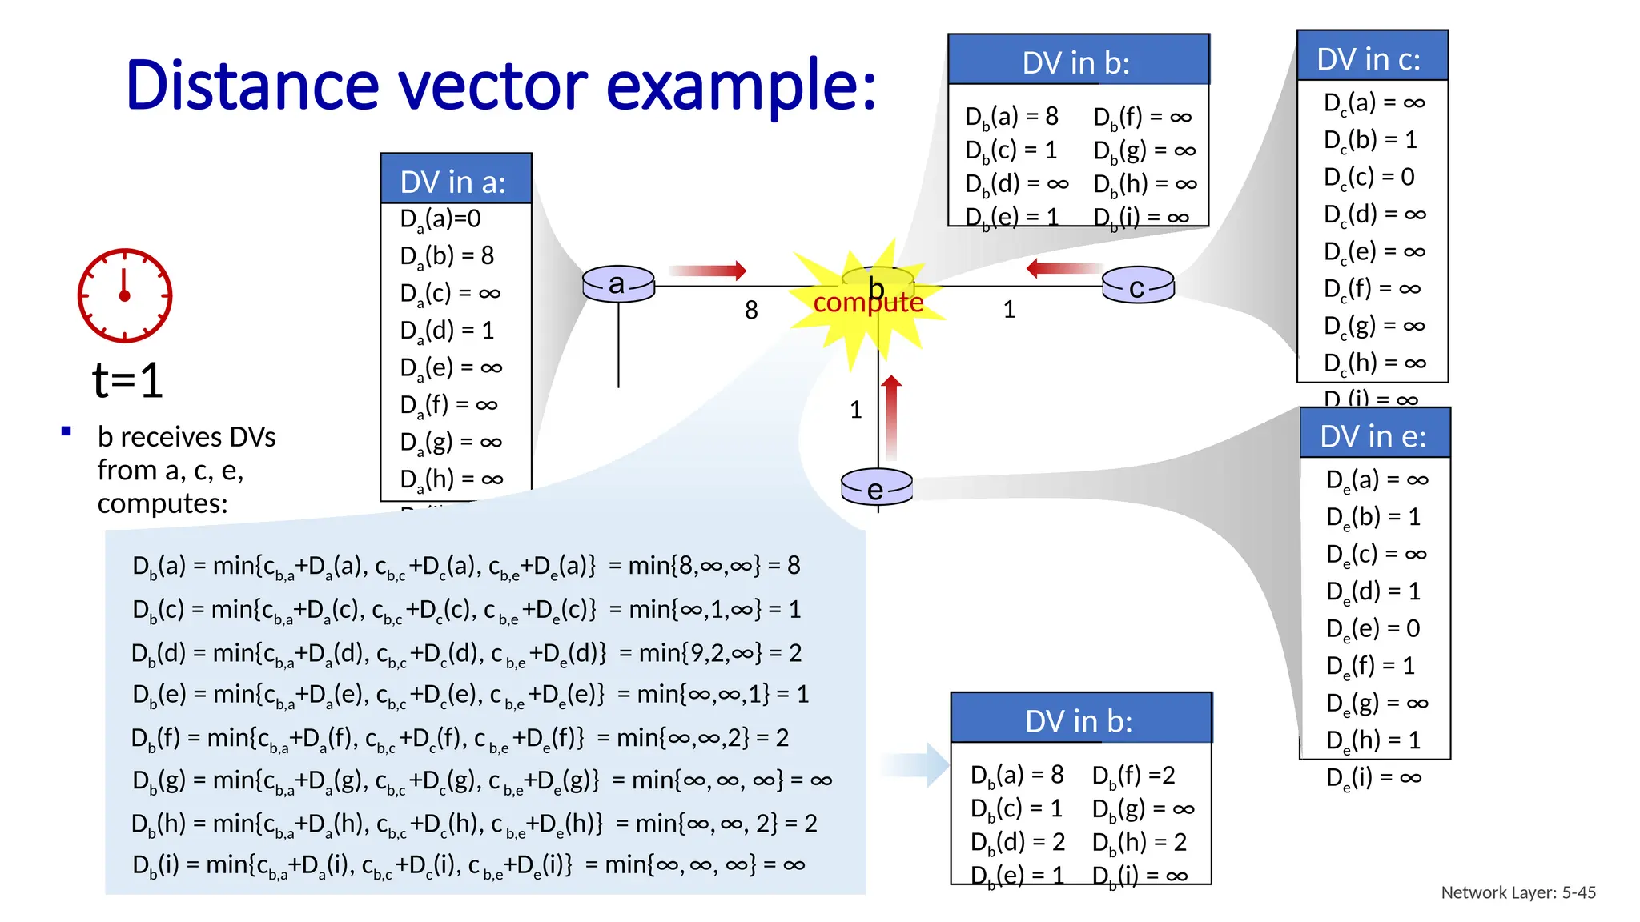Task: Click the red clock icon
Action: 124,295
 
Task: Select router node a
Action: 618,284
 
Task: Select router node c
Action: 1138,287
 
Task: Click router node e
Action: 877,487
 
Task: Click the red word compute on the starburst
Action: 868,303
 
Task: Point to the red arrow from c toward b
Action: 1064,268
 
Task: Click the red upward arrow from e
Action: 891,417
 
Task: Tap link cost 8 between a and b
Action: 751,311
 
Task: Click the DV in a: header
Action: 455,181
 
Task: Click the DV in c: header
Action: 1371,58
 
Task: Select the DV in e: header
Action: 1374,436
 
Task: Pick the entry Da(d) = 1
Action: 447,330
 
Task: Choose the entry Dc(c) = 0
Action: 1369,177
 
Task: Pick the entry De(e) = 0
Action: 1373,628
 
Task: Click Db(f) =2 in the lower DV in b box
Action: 1133,775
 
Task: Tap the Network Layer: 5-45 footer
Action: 1518,892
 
